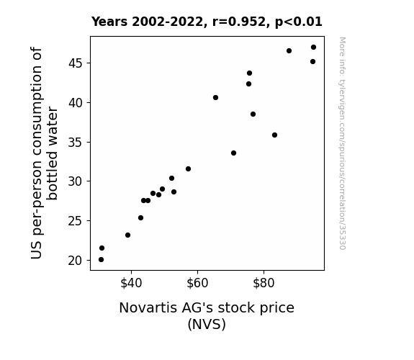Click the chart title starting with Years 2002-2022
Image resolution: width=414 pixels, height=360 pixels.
(x=207, y=22)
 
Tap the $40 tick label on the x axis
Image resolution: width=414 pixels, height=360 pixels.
(x=131, y=283)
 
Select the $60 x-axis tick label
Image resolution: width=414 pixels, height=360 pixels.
(x=197, y=283)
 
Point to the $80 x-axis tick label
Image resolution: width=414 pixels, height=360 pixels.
(x=264, y=283)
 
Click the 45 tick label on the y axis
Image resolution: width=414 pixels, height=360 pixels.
(x=76, y=63)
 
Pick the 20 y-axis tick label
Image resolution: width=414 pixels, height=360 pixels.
(x=76, y=261)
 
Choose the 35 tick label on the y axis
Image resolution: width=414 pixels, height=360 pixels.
(x=76, y=143)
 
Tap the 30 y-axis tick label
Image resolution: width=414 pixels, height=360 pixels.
(x=76, y=181)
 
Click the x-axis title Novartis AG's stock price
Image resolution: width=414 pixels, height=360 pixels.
(x=207, y=308)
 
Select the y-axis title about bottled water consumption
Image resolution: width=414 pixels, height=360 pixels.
(x=44, y=153)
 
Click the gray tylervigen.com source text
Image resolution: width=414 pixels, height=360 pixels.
(x=342, y=143)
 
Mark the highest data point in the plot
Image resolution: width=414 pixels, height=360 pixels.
(x=313, y=48)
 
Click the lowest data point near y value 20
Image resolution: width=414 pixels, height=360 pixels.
(x=101, y=260)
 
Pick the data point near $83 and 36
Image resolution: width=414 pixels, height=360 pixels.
(x=274, y=135)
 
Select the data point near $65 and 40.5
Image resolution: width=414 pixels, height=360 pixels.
(x=215, y=97)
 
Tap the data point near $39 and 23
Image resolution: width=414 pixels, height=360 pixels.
(x=127, y=235)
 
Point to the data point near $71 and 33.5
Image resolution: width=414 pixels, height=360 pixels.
(x=233, y=153)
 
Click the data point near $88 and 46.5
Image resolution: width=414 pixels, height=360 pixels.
(x=289, y=50)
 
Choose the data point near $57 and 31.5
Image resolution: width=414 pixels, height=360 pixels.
(x=188, y=168)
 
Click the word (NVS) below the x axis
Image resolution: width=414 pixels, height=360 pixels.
(x=207, y=324)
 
